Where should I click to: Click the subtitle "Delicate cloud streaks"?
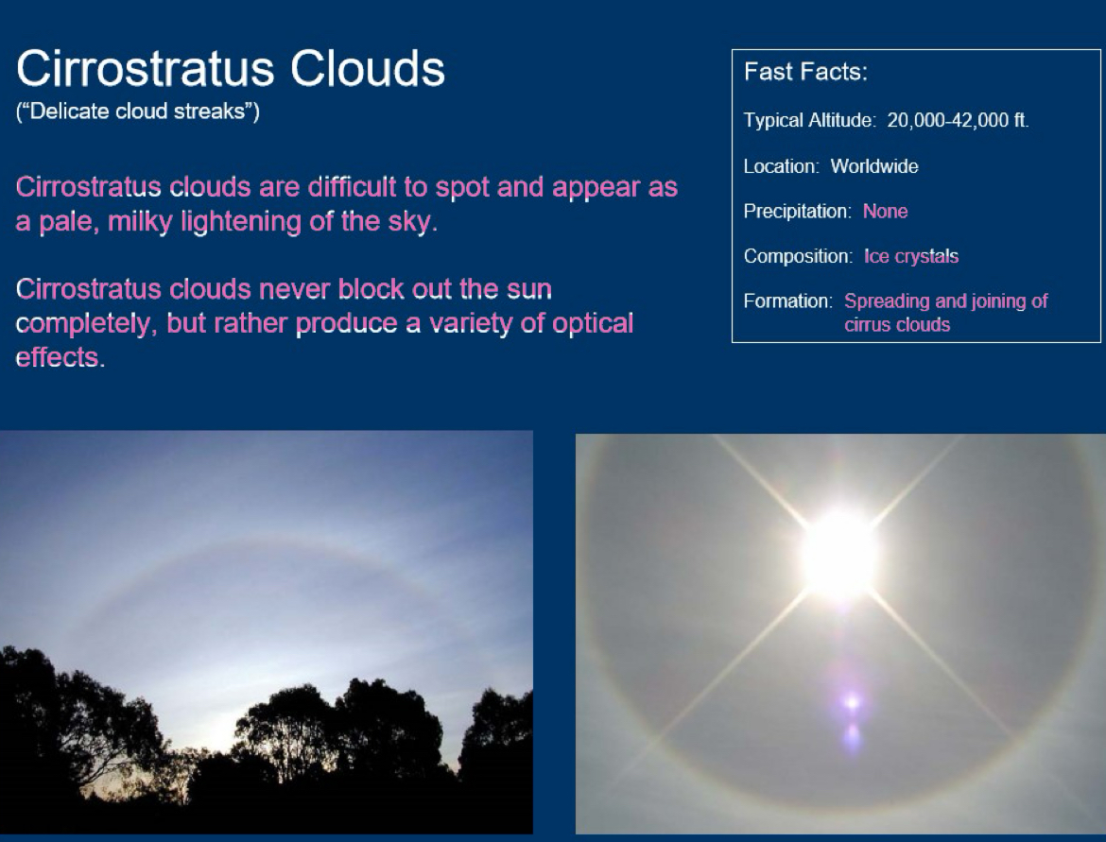(138, 112)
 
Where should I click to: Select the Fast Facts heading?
(805, 72)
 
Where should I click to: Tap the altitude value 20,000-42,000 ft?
(958, 121)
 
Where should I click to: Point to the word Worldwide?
(873, 166)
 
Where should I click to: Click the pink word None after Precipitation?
(885, 212)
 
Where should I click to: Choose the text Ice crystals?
(910, 256)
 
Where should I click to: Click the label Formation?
(787, 301)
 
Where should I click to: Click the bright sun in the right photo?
(838, 556)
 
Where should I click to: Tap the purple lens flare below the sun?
(852, 702)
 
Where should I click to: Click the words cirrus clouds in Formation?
(896, 325)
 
